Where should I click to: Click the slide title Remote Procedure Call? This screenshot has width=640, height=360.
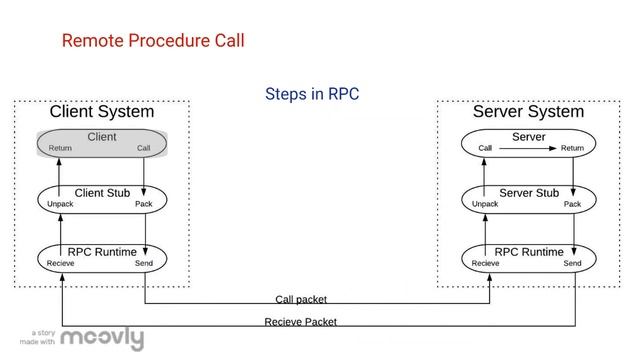coord(153,41)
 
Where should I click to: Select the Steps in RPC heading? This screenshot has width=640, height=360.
coord(312,94)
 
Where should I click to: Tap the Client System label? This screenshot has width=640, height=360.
coord(102,112)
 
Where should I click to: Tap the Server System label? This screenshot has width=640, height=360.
coord(528,112)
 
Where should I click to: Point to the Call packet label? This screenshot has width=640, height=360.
coord(301,299)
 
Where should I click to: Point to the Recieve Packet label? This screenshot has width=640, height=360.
coord(300,322)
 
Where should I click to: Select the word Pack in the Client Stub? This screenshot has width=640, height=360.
coord(144,204)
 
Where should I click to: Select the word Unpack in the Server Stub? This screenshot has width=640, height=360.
coord(485,204)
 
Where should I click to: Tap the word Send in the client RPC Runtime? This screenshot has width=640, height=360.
coord(144,263)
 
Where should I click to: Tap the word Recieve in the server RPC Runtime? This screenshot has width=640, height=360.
coord(486,263)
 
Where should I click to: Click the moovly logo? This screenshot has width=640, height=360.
coord(102,339)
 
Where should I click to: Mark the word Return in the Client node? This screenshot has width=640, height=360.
coord(60,148)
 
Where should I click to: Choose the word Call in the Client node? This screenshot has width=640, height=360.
coord(144,148)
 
